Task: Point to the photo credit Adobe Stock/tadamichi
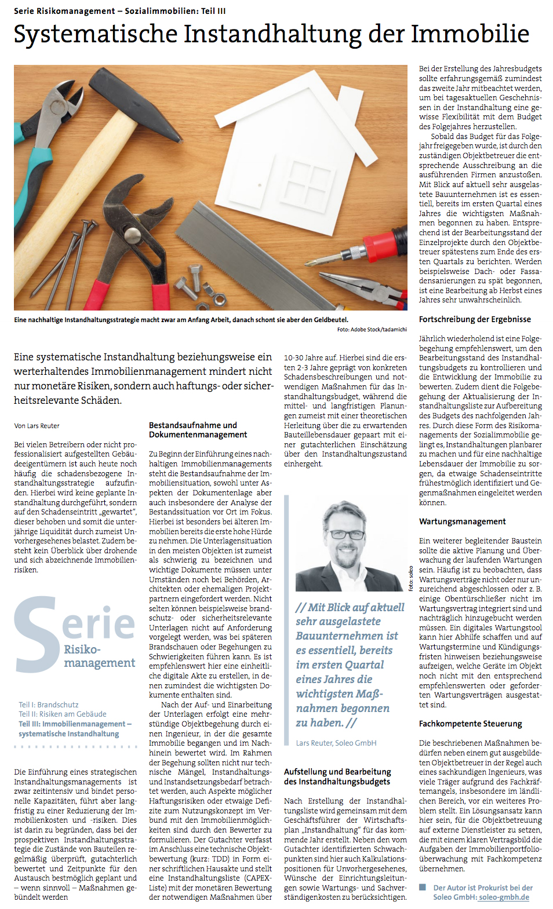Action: click(x=372, y=330)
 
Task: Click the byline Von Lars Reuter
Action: click(x=37, y=426)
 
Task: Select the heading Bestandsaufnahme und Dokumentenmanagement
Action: click(x=198, y=430)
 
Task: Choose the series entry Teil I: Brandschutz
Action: click(x=48, y=705)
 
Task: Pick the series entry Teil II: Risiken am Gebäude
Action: click(x=63, y=714)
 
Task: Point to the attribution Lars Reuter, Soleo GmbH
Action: click(x=336, y=743)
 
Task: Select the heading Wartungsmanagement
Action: click(x=462, y=521)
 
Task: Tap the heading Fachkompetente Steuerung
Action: click(x=470, y=724)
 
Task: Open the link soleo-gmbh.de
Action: click(x=504, y=897)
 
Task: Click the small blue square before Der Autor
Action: click(x=423, y=888)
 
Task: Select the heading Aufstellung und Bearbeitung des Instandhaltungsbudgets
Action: click(x=337, y=776)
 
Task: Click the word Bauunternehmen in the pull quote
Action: click(x=347, y=636)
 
